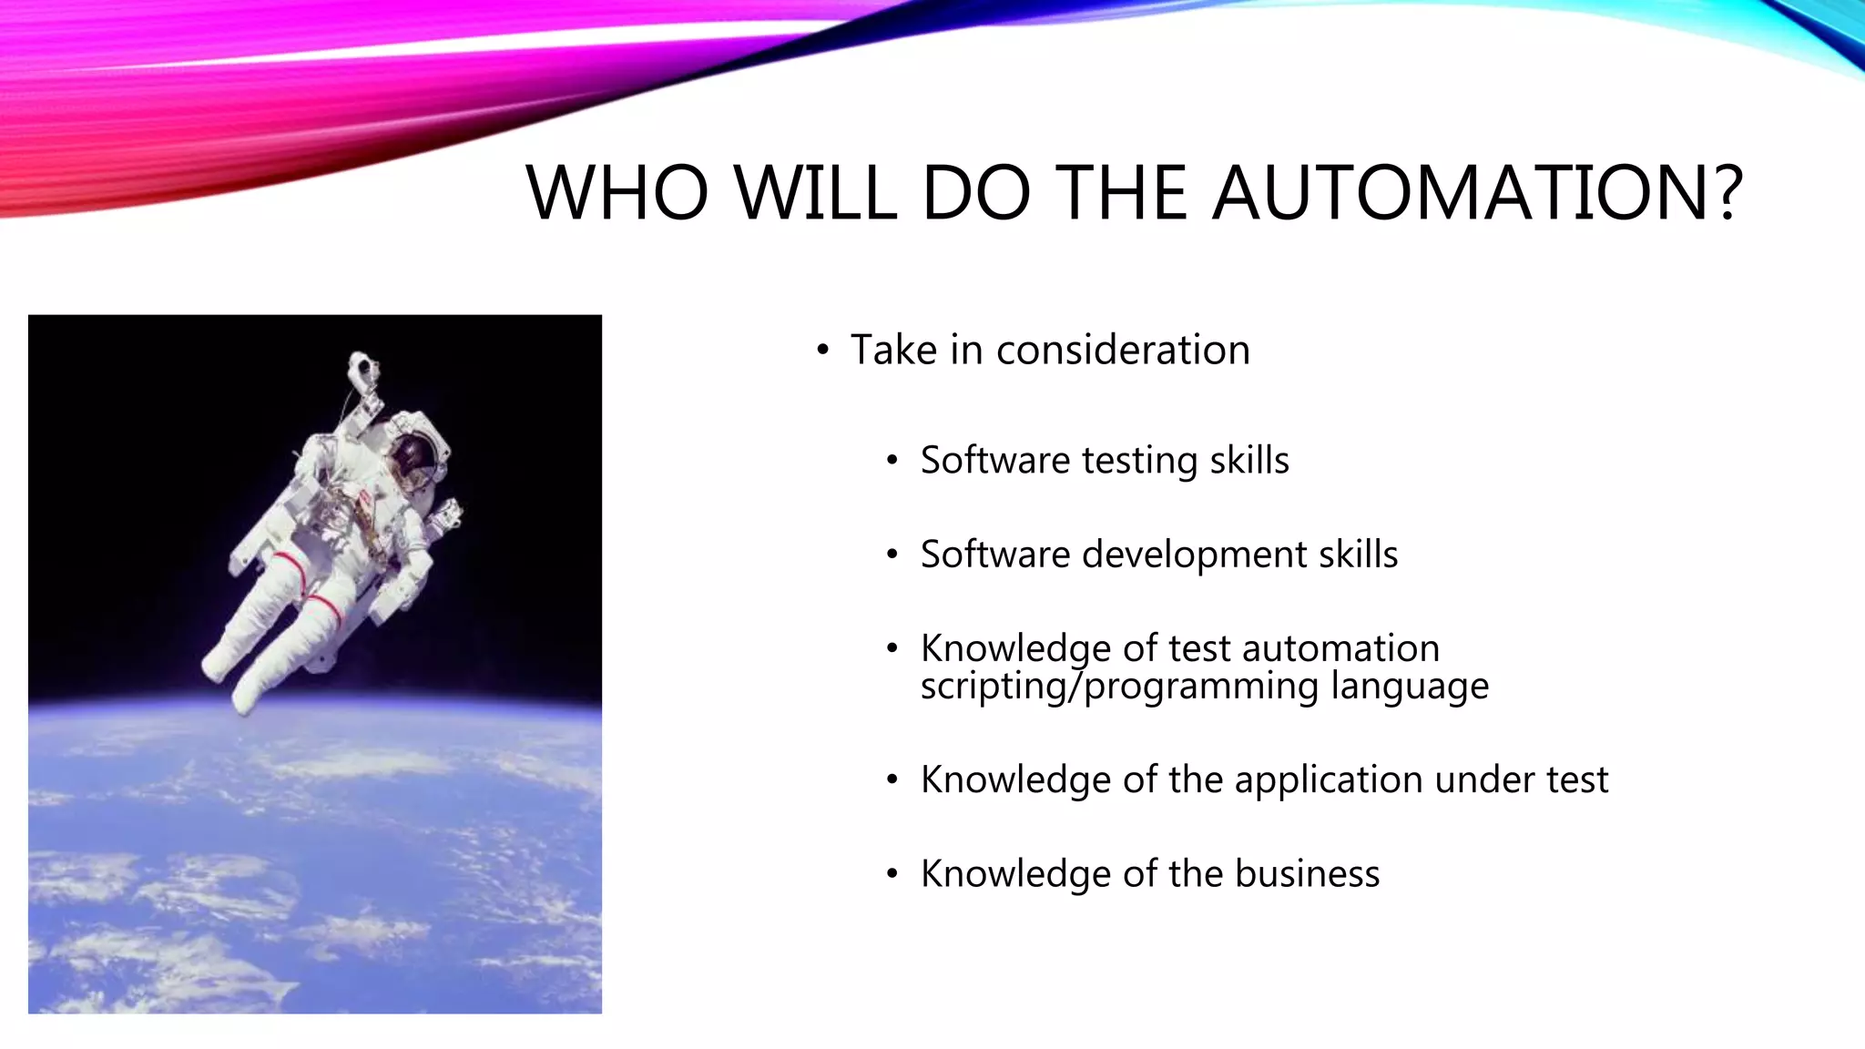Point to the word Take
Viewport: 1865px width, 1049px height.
point(893,351)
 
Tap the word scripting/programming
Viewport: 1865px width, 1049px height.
point(1119,687)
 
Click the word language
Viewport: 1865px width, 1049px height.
point(1409,687)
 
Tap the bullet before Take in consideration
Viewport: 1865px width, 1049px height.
point(823,351)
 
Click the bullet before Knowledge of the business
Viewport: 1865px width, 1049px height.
point(892,874)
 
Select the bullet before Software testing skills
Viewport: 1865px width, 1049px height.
point(892,461)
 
